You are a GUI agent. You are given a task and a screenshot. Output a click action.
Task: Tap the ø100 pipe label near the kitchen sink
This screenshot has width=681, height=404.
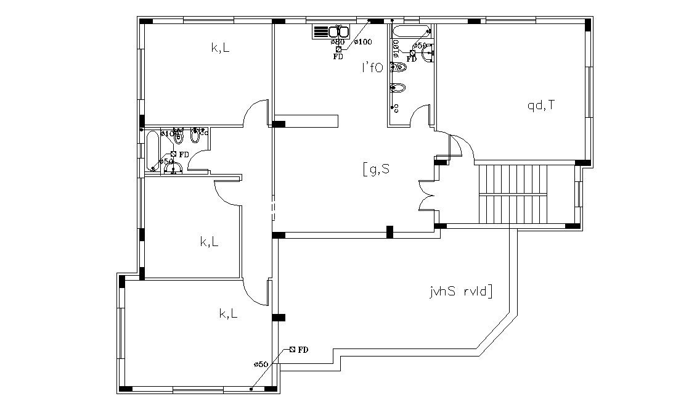click(x=364, y=42)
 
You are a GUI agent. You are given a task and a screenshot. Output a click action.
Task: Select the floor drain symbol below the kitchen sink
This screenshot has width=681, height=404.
click(x=338, y=49)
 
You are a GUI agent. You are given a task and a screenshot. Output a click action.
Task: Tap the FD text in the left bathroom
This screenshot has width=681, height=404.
click(x=184, y=154)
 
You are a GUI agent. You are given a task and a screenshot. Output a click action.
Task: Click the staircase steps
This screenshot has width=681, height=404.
click(x=512, y=194)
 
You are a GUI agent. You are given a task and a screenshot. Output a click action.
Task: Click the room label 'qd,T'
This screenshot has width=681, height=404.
click(x=540, y=105)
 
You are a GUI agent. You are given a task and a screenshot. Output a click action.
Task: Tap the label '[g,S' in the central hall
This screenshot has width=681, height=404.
click(x=376, y=168)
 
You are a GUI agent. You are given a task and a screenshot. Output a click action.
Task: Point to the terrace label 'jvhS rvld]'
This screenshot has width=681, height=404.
click(x=460, y=291)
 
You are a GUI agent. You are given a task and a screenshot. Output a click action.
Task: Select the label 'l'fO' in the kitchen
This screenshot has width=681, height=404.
click(x=372, y=68)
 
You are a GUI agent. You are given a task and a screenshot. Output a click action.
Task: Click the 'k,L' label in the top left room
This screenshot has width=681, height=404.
click(x=220, y=48)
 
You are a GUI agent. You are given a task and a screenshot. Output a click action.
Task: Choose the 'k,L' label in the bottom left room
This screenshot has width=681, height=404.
click(x=229, y=314)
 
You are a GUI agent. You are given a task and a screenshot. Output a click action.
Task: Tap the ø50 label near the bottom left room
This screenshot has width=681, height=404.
click(x=261, y=365)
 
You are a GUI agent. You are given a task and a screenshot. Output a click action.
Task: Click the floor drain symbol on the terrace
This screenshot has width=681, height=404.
click(x=292, y=350)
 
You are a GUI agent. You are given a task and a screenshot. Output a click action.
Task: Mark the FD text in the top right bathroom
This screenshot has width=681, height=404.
click(x=412, y=59)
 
